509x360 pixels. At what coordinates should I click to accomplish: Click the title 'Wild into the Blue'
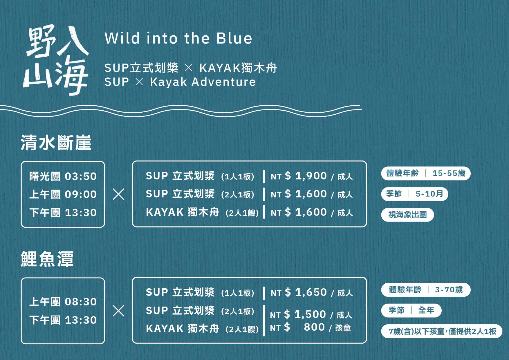point(178,38)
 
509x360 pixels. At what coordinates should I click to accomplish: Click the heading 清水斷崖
point(56,143)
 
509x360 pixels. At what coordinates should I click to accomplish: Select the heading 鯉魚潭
point(47,259)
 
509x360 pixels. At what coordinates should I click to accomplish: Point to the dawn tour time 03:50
point(81,176)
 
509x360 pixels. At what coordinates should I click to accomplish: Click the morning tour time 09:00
point(81,194)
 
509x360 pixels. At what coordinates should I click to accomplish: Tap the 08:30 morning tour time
point(81,302)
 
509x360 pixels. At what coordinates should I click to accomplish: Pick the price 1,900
point(311,176)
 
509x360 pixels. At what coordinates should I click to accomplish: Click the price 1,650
point(311,292)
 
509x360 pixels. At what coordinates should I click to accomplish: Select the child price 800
point(314,327)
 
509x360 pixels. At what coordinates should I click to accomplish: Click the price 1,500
point(310,314)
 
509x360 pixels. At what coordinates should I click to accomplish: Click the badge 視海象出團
point(407,215)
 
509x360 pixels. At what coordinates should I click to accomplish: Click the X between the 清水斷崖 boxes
point(118,194)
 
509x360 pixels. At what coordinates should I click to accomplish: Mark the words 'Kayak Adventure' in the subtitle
point(203,82)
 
